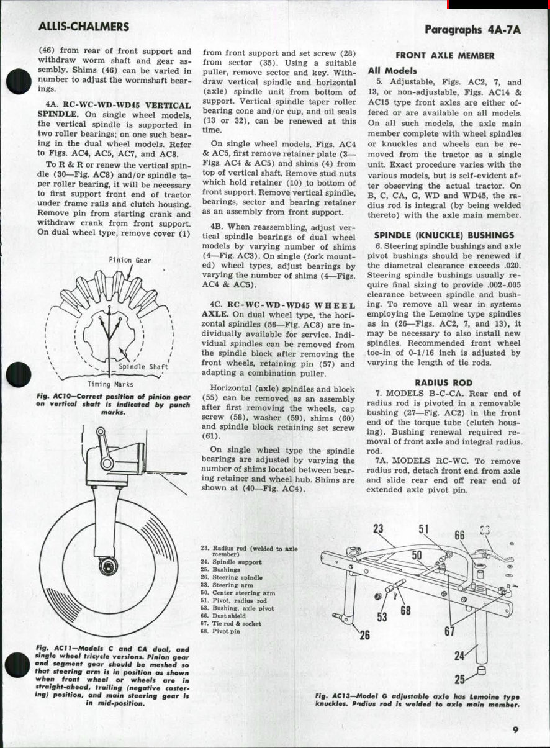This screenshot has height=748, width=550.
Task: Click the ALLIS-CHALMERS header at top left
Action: pyautogui.click(x=84, y=27)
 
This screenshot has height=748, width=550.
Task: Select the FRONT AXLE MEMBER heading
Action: pyautogui.click(x=445, y=55)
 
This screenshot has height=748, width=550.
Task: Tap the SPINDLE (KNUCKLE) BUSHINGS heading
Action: pyautogui.click(x=444, y=235)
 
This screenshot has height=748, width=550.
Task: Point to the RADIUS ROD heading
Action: pyautogui.click(x=443, y=383)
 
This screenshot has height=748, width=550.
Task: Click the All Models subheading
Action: pyautogui.click(x=392, y=71)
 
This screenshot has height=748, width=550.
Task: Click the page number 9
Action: pyautogui.click(x=515, y=729)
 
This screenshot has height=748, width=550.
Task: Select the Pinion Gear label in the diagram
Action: pyautogui.click(x=130, y=260)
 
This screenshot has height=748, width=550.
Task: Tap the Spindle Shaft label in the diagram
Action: pyautogui.click(x=143, y=367)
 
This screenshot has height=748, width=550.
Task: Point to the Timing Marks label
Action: pyautogui.click(x=110, y=384)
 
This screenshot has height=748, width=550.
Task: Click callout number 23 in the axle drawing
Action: pyautogui.click(x=379, y=529)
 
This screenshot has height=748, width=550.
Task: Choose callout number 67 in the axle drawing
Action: pyautogui.click(x=449, y=632)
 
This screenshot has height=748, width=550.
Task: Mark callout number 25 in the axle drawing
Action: pyautogui.click(x=460, y=679)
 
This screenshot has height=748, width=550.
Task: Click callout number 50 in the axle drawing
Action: pyautogui.click(x=417, y=554)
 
